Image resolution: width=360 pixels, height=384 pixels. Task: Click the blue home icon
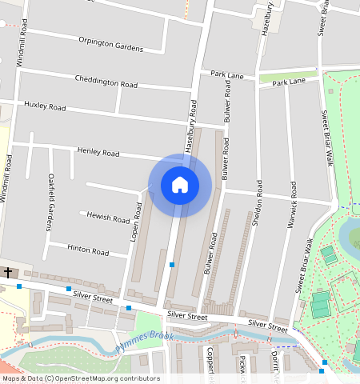tap(180, 185)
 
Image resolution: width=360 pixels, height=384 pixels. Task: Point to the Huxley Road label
tap(45, 106)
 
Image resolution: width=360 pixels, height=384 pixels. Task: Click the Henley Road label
tap(98, 152)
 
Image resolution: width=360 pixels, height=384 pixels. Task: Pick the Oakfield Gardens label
tap(50, 203)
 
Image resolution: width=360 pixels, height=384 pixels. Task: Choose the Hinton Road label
tap(88, 250)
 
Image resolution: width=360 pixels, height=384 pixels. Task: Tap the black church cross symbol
tap(8, 273)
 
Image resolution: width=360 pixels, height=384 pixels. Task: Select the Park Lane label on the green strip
tap(288, 82)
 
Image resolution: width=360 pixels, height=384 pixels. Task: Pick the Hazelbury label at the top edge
tap(269, 15)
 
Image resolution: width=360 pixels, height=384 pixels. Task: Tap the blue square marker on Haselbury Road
tap(172, 264)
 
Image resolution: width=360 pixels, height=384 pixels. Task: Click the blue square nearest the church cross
tap(19, 286)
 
